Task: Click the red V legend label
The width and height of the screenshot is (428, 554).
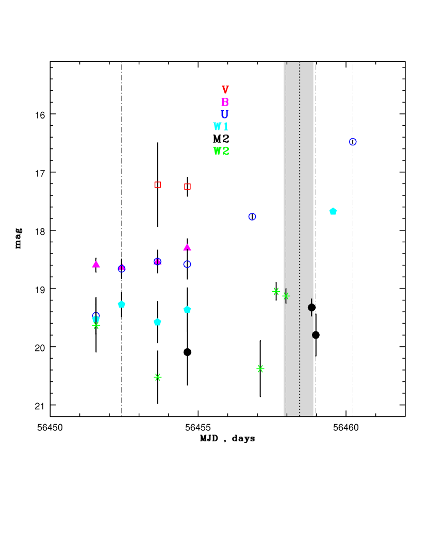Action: (x=225, y=90)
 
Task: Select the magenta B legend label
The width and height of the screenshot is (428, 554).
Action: (x=225, y=102)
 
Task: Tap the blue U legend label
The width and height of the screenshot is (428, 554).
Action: (x=224, y=114)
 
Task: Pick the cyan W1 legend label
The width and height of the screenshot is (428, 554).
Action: (x=221, y=127)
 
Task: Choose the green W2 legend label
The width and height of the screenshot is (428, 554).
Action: (x=221, y=151)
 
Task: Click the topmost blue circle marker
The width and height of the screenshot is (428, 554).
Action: (x=353, y=142)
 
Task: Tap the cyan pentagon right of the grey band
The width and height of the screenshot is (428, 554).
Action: (x=333, y=211)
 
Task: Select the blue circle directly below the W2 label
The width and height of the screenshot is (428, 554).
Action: (x=252, y=217)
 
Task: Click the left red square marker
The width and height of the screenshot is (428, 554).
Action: (x=158, y=185)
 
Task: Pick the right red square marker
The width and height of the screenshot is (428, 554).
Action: (x=187, y=187)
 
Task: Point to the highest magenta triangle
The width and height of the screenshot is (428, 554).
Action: (x=187, y=247)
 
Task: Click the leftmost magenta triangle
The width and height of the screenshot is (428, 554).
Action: (x=96, y=264)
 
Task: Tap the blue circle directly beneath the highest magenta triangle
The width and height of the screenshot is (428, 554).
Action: (x=187, y=264)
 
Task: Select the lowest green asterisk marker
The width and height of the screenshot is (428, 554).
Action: (x=158, y=377)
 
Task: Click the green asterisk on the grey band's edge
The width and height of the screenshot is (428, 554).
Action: (x=286, y=296)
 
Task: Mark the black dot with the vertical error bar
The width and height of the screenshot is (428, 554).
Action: (x=311, y=308)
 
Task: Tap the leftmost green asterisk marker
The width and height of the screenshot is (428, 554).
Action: (x=96, y=326)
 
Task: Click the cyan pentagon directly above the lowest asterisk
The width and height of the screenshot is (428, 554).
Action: (x=157, y=322)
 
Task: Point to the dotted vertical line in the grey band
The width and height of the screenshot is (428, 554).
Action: (x=300, y=237)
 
